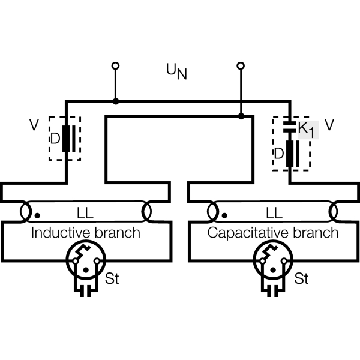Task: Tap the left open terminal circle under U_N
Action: click(x=115, y=65)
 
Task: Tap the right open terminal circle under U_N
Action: click(x=241, y=65)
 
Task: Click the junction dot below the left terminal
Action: click(x=115, y=101)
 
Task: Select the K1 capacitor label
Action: click(x=307, y=128)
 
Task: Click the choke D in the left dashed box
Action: click(x=65, y=139)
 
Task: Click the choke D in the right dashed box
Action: click(x=291, y=154)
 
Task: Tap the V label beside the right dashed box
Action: click(x=329, y=124)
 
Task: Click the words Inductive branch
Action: click(x=85, y=232)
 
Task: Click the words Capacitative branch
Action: click(x=272, y=232)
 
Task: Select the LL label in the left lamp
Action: click(x=86, y=213)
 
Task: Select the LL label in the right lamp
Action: click(x=274, y=213)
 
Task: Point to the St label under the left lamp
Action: click(x=112, y=279)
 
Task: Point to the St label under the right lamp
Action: click(x=301, y=279)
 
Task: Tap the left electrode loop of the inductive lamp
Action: click(x=26, y=212)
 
